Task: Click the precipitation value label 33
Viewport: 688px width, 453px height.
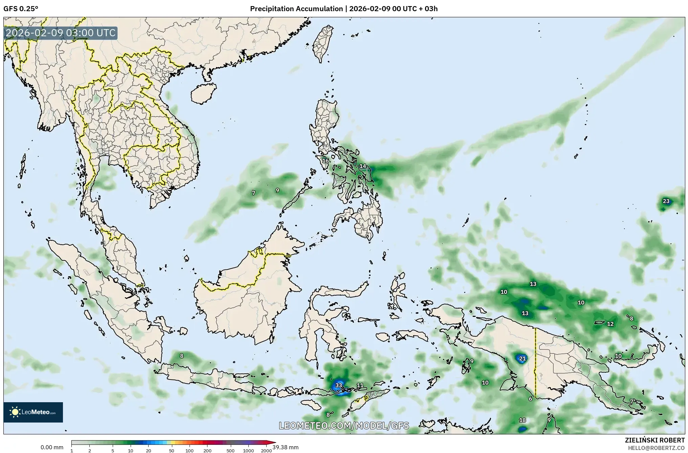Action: pos(339,385)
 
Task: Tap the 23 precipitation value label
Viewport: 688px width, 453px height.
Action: pos(666,201)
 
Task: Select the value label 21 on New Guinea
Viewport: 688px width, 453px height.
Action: pos(522,359)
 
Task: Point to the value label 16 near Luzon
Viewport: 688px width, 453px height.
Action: pos(325,160)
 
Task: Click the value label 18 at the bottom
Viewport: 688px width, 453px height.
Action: pos(523,420)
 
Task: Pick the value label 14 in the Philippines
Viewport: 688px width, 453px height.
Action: pos(363,166)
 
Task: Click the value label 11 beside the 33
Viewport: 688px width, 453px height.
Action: pos(360,385)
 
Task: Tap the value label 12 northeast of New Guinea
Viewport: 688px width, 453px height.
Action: pos(610,324)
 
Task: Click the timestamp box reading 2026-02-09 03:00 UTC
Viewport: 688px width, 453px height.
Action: pos(61,33)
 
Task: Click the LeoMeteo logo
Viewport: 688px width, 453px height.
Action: pos(33,412)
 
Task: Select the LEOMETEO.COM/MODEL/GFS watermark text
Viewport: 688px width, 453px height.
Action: pos(344,426)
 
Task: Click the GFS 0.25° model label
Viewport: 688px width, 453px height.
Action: pos(21,9)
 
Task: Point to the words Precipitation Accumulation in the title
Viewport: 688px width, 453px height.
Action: pos(296,9)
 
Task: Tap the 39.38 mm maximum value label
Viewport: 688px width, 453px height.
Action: pos(285,447)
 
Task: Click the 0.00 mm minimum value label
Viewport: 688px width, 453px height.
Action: pos(52,447)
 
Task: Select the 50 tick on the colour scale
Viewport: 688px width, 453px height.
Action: pos(172,451)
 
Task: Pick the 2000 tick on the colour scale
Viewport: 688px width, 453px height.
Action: pos(266,451)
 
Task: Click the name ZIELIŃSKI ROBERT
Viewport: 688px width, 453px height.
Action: pos(655,440)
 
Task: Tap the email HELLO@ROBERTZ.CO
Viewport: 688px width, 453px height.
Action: pos(656,448)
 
